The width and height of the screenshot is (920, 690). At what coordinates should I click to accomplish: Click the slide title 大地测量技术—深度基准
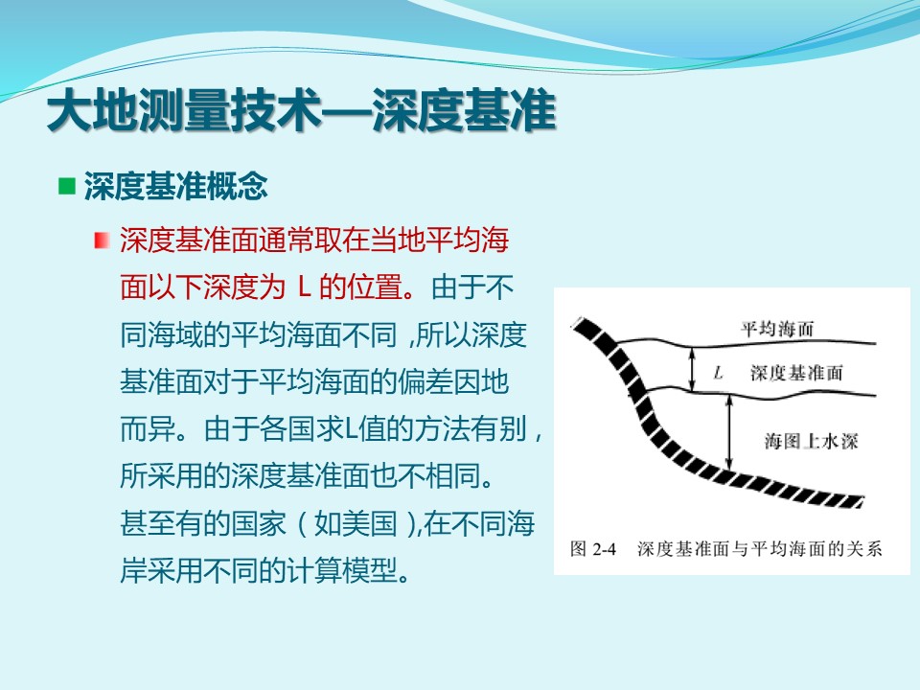(x=301, y=110)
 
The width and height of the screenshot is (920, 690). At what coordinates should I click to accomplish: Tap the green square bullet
(x=67, y=186)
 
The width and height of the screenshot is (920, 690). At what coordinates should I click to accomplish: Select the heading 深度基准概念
(x=176, y=187)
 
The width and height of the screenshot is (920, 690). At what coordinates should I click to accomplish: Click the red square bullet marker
(x=102, y=241)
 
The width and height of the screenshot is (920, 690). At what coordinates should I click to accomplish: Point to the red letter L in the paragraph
(x=304, y=287)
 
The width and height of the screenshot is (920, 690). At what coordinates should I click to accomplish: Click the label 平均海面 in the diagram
(x=777, y=329)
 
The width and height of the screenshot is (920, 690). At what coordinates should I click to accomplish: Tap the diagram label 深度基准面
(x=796, y=373)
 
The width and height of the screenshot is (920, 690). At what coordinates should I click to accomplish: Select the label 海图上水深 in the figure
(x=811, y=441)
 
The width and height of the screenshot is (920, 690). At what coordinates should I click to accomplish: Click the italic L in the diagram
(x=718, y=373)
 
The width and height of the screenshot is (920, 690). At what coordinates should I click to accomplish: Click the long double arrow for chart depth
(x=730, y=433)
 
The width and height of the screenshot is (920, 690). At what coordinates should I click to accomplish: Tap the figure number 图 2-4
(x=592, y=548)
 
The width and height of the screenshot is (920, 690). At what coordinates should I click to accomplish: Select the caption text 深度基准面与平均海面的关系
(x=760, y=548)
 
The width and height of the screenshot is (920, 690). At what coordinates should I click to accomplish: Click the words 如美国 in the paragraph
(x=356, y=523)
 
